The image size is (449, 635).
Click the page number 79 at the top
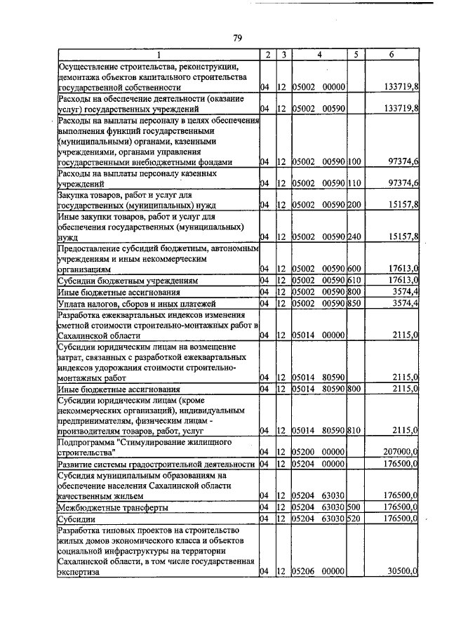[237, 39]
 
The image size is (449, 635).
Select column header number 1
[158, 55]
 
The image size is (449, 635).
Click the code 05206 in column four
[302, 572]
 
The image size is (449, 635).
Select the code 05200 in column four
[302, 453]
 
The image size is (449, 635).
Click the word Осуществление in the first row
[88, 66]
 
